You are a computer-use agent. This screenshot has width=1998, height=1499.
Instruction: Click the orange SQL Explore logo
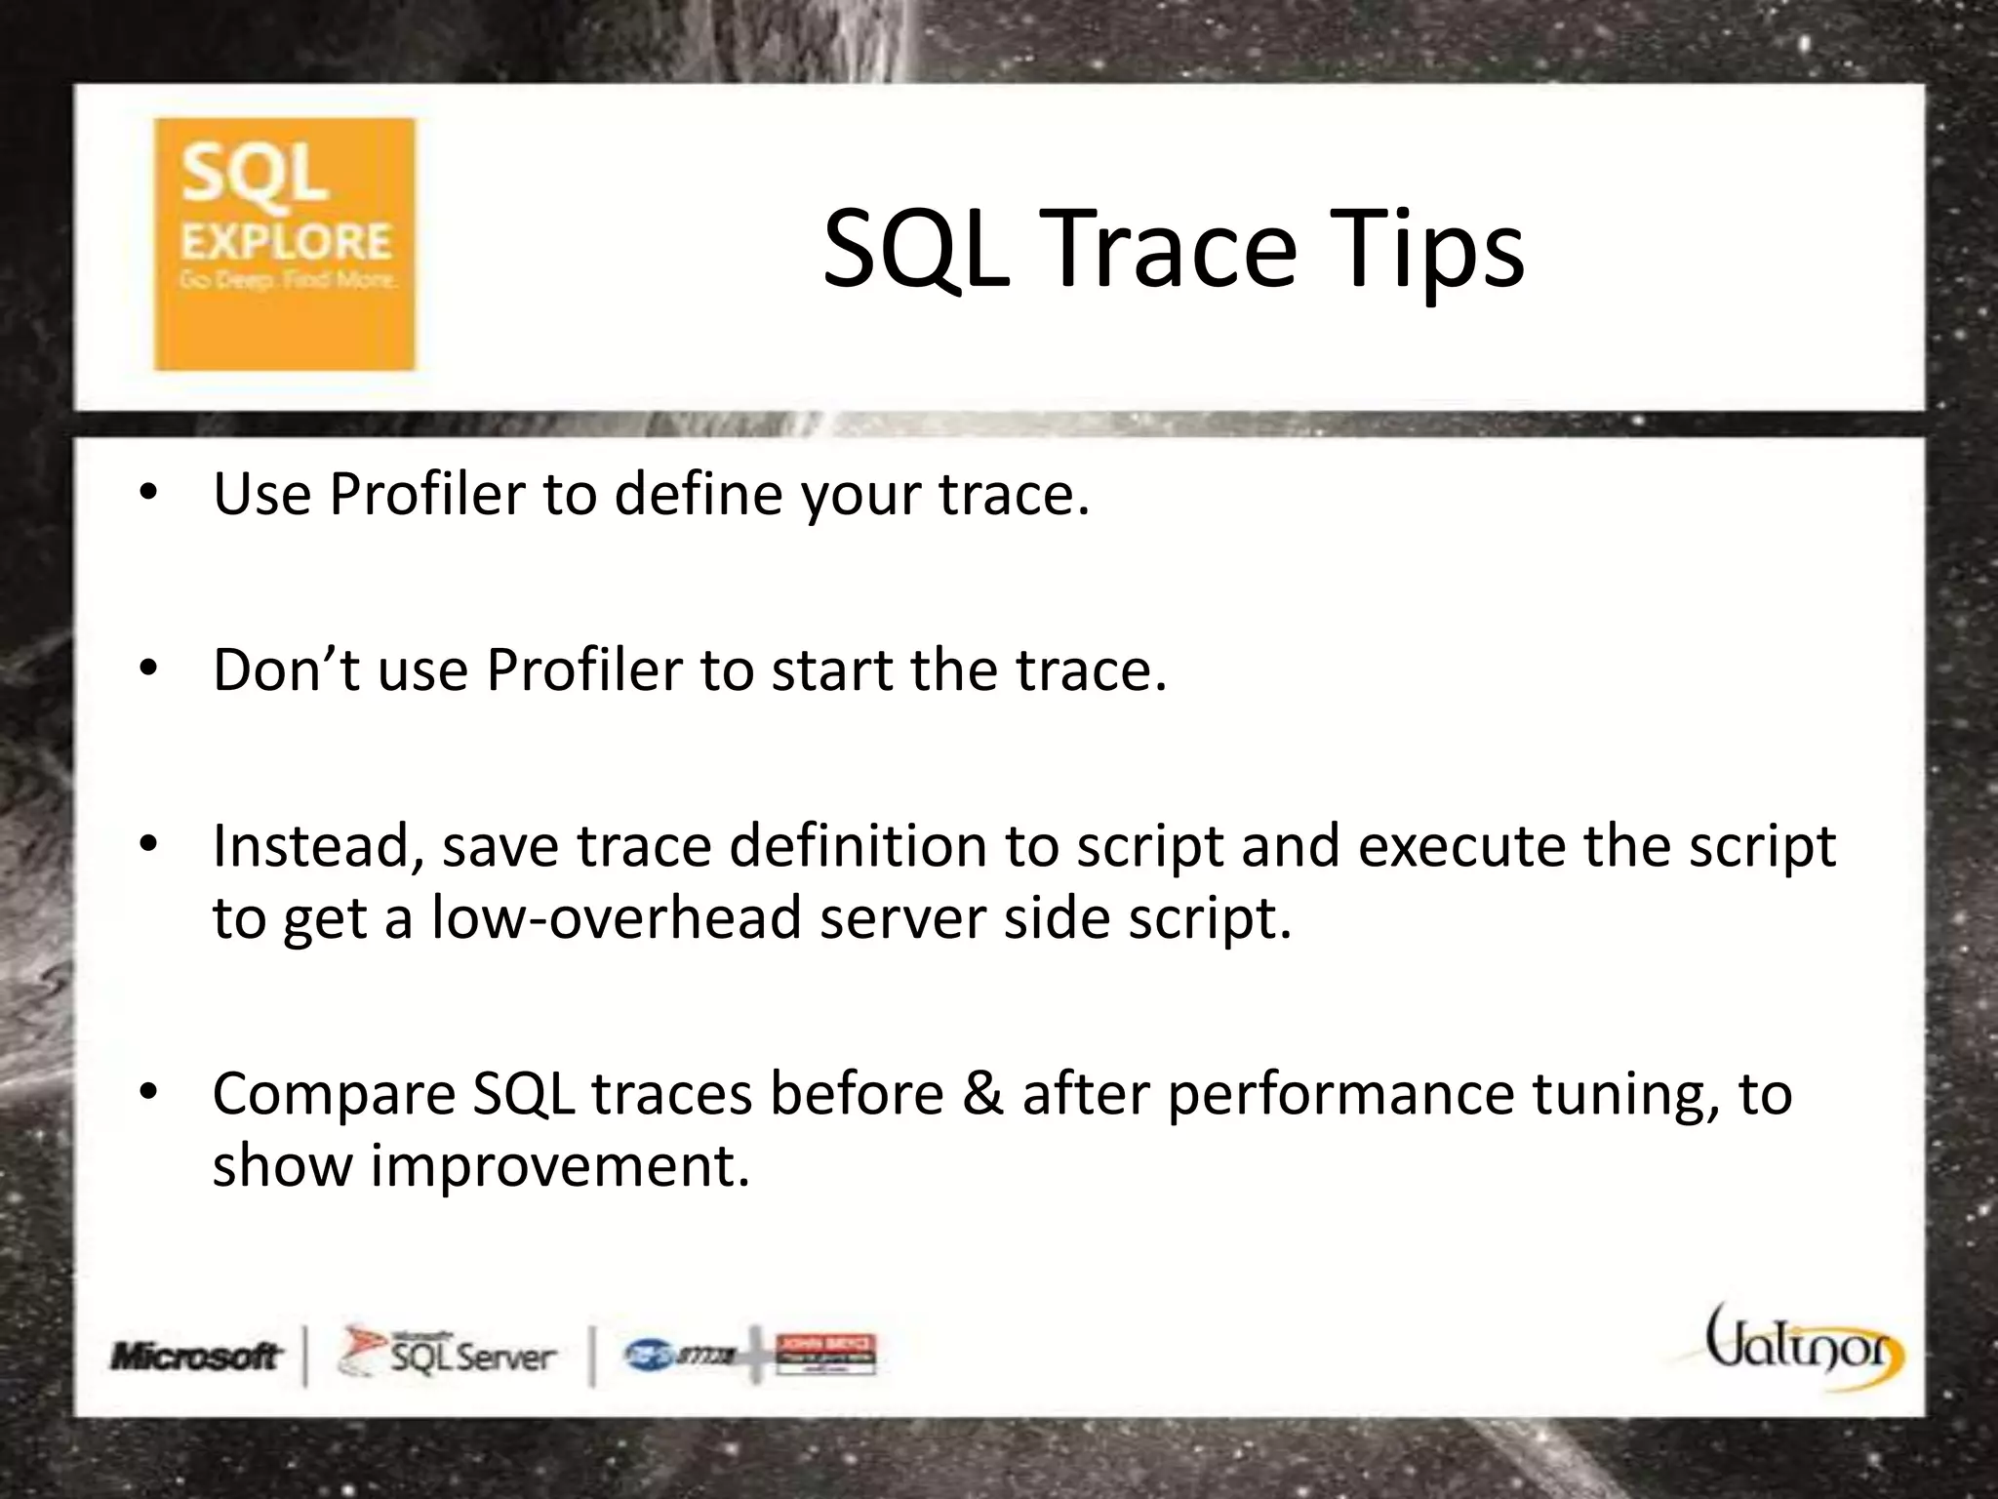pos(284,244)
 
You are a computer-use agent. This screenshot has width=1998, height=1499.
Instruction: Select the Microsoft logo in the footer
pos(196,1356)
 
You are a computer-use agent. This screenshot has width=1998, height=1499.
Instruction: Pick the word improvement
pos(560,1165)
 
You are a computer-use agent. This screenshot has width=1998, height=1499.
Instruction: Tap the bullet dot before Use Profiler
pos(147,493)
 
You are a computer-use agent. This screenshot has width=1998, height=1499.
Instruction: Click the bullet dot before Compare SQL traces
pos(147,1092)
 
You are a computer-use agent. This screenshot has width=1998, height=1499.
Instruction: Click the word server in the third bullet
pos(902,917)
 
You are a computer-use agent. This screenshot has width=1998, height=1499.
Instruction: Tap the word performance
pos(1340,1095)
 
